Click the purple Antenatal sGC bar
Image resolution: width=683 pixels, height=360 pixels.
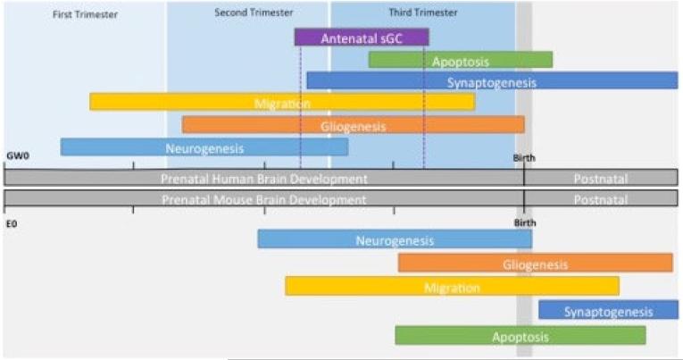point(361,38)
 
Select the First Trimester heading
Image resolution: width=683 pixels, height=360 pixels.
point(85,14)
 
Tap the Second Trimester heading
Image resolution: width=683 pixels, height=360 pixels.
point(246,13)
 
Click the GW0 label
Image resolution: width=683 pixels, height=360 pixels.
point(17,157)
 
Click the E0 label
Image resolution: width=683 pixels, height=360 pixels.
point(12,223)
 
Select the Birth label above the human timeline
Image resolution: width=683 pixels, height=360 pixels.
point(524,158)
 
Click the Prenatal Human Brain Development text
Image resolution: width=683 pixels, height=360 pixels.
point(264,179)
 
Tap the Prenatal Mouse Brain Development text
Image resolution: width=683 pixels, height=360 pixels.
point(264,199)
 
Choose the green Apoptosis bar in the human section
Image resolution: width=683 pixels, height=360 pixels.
point(460,61)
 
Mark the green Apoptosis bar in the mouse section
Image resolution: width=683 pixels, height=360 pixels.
point(520,337)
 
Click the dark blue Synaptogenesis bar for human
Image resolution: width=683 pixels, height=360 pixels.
point(491,82)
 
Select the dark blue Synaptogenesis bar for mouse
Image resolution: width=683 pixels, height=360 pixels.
point(608,311)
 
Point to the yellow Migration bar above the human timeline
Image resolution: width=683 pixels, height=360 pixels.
point(282,104)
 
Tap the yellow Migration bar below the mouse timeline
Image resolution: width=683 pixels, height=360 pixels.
point(452,288)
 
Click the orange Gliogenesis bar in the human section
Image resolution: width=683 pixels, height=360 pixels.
point(353,126)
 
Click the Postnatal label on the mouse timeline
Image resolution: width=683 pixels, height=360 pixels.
point(600,199)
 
